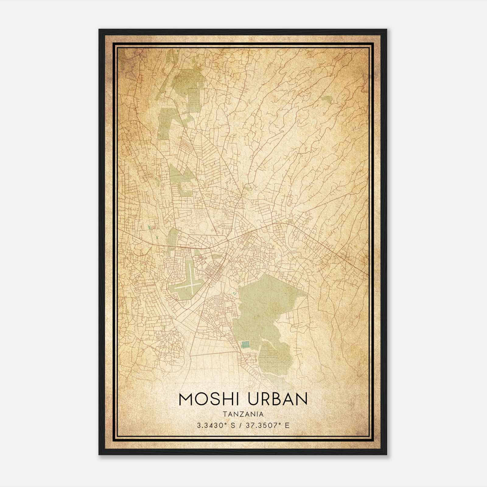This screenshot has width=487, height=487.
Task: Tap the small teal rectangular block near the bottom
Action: coord(245,344)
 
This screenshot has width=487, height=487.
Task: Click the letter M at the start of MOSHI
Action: coord(186,399)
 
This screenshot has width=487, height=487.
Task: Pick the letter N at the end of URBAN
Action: coord(301,399)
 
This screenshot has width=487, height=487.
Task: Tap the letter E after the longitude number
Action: coord(287,425)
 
